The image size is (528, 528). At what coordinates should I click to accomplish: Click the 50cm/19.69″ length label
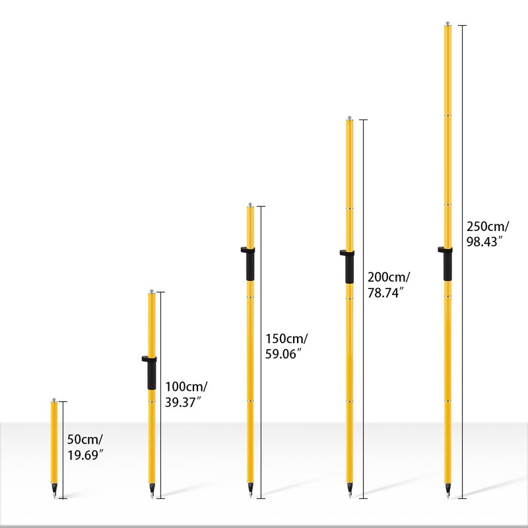(x=85, y=446)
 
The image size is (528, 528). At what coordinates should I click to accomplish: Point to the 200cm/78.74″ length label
(x=388, y=284)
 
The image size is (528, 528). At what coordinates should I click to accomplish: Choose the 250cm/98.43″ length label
(x=488, y=233)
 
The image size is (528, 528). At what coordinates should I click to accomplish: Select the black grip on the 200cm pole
(x=348, y=267)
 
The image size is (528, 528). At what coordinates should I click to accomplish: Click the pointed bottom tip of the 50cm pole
(x=53, y=494)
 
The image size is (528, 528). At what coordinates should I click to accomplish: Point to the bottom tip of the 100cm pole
(x=152, y=493)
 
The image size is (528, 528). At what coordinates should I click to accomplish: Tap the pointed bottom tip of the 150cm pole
(x=251, y=493)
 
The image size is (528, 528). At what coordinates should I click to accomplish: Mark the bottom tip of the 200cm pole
(x=350, y=493)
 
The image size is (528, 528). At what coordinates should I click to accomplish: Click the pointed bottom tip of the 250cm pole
(x=449, y=493)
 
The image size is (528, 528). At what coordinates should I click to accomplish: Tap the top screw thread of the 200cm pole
(x=349, y=118)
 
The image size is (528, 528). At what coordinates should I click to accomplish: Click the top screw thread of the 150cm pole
(x=250, y=205)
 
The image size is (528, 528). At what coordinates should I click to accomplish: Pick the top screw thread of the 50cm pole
(x=53, y=400)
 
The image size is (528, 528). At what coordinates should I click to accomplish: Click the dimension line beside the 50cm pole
(x=63, y=449)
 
